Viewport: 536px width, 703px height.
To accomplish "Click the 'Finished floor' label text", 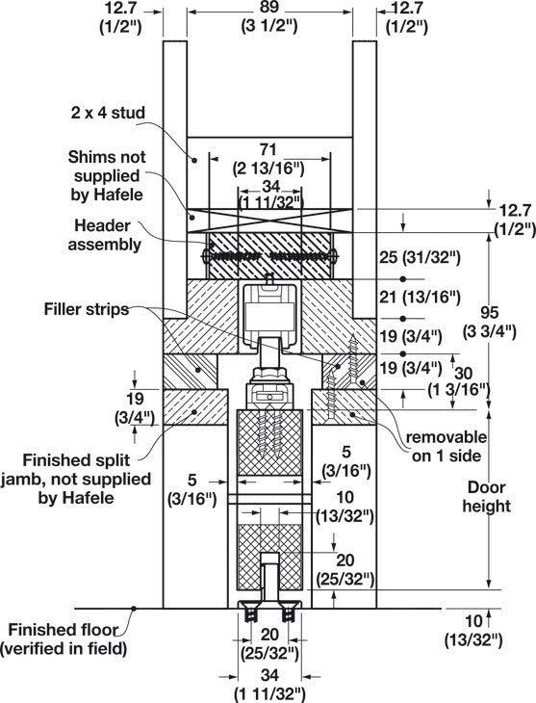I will tap(64, 631).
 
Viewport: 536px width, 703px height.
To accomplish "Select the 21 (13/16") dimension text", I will tap(418, 299).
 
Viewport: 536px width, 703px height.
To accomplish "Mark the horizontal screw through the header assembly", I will tap(268, 257).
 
